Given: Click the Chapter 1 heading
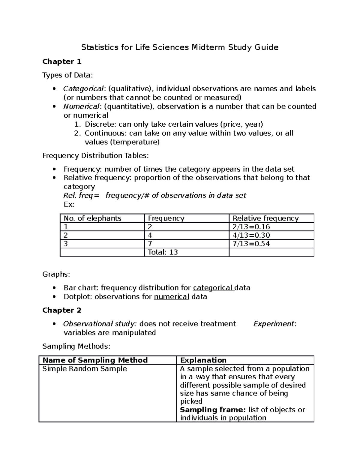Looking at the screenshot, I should [x=62, y=62].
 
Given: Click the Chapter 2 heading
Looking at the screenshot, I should [x=62, y=310].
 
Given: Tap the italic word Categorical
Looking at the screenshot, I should [x=83, y=89].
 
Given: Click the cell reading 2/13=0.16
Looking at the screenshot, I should [x=251, y=227].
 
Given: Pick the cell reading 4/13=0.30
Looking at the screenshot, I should [x=251, y=235].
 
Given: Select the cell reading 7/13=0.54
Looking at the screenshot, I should [x=251, y=244].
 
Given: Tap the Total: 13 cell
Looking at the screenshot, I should [x=163, y=252].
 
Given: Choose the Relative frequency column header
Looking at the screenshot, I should [x=265, y=218].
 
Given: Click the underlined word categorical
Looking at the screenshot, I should [x=213, y=288].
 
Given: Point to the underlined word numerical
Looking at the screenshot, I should [x=171, y=297].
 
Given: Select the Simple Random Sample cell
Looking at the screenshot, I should [x=85, y=369].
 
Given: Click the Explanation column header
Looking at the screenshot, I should [x=203, y=360].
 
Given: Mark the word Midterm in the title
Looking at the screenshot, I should [x=208, y=47].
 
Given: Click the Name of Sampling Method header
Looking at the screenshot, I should [x=95, y=360].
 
